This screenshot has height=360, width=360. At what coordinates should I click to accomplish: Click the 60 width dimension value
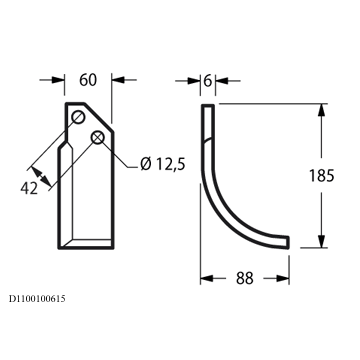click(88, 80)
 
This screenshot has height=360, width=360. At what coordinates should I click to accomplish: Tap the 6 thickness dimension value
click(207, 81)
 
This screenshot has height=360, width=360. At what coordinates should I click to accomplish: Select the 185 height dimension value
click(321, 176)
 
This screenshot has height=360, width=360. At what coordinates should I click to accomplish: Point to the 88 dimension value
click(245, 278)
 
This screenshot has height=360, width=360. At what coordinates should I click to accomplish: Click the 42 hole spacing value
click(29, 189)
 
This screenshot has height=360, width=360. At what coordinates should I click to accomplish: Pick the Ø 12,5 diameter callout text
click(163, 164)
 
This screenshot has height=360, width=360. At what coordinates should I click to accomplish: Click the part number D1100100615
click(37, 299)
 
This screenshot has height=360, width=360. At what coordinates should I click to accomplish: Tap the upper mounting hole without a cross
click(79, 117)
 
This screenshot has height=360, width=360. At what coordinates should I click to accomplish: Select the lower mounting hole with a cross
click(97, 137)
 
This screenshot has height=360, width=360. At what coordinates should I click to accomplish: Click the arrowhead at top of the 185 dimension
click(321, 110)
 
